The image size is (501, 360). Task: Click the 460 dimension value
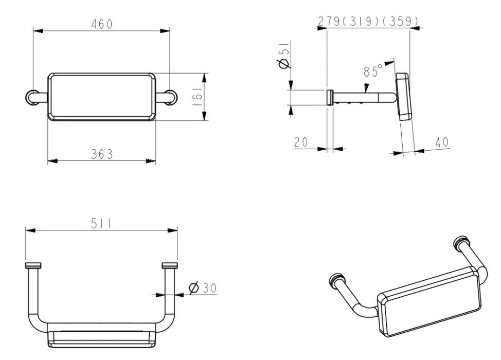[102, 24]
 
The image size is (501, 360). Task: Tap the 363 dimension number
[102, 154]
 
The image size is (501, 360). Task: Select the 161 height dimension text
[198, 97]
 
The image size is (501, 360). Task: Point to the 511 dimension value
[101, 223]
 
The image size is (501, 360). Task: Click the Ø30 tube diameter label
[203, 288]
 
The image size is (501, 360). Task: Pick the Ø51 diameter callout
[284, 55]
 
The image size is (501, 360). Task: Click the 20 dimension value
[300, 142]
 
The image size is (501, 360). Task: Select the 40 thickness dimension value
[442, 142]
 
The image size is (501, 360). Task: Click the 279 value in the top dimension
[329, 22]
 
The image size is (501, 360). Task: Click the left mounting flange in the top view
[33, 265]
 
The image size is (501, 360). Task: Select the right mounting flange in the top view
[170, 265]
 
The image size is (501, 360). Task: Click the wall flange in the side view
[330, 98]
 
